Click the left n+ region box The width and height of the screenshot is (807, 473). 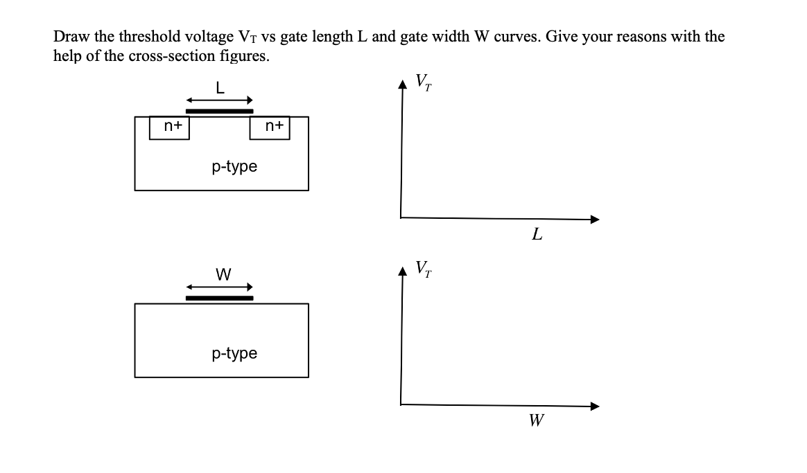point(170,127)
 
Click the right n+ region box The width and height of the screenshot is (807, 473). point(270,127)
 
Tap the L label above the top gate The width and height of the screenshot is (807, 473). point(220,88)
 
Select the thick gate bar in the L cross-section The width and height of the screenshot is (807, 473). point(219,111)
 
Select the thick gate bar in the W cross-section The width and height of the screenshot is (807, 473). point(219,298)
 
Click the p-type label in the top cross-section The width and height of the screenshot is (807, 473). point(234,167)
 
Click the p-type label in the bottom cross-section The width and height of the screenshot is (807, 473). point(234,354)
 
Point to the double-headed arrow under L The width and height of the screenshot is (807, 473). point(219,100)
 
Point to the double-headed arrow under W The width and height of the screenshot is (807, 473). point(219,287)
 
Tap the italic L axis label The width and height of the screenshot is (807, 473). point(537,235)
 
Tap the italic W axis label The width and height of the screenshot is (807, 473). point(536,420)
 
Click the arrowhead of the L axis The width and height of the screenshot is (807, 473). point(593,220)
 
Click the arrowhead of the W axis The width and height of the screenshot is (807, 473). point(593,407)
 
